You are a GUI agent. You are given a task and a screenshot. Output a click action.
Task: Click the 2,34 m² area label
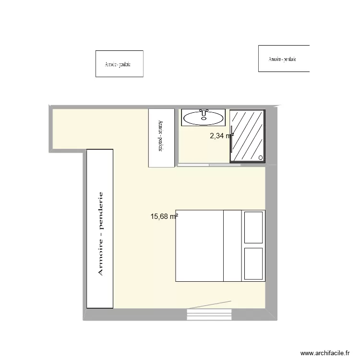point(221,136)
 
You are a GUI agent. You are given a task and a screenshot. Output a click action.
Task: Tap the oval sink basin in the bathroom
point(204,118)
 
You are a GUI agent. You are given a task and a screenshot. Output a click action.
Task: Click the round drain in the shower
point(261,157)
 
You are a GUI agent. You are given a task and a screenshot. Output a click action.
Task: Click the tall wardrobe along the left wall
point(100,228)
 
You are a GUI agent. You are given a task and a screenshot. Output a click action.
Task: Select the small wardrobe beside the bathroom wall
point(161,138)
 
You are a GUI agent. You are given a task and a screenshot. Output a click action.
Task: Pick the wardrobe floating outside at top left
point(120,63)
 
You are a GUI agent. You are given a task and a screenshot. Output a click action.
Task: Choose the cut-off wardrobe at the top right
point(284,59)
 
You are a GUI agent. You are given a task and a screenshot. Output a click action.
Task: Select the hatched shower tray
point(247,135)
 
